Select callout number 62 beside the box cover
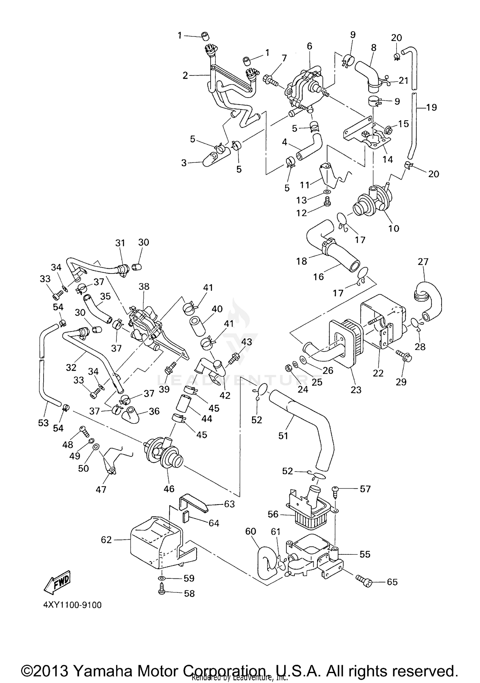[106, 540]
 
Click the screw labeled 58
[162, 592]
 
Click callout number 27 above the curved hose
[423, 262]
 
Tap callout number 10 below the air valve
[394, 228]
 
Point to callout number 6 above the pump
[309, 46]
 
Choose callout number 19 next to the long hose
[431, 107]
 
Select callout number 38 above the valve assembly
[144, 286]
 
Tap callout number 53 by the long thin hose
[43, 423]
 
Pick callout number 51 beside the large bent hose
[283, 435]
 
